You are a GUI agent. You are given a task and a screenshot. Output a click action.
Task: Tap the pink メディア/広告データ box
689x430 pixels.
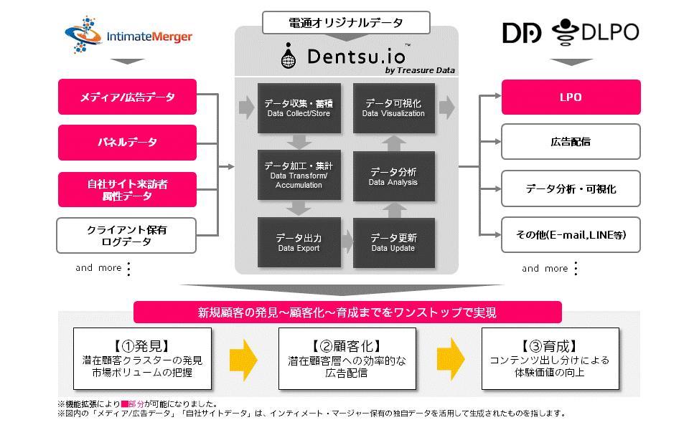tap(127, 97)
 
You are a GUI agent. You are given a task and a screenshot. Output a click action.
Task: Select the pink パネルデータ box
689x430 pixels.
tap(127, 143)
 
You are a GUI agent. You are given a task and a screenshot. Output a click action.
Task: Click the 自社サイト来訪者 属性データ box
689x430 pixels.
tap(127, 190)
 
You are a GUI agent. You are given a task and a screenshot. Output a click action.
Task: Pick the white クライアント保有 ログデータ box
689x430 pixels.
tap(127, 236)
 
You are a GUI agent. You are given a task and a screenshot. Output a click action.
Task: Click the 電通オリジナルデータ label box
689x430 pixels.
tap(346, 23)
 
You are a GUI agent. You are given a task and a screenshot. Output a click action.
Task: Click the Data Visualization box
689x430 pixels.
tap(393, 108)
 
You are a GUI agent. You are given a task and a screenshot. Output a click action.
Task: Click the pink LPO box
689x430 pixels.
tap(571, 97)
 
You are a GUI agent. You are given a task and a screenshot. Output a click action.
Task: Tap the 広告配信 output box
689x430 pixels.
tap(571, 142)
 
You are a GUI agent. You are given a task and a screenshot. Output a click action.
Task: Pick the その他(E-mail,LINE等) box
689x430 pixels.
tap(571, 235)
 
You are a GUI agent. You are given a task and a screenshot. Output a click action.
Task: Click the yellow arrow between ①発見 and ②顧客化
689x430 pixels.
tap(244, 358)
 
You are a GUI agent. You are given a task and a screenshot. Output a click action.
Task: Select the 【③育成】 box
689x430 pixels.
tap(550, 358)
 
